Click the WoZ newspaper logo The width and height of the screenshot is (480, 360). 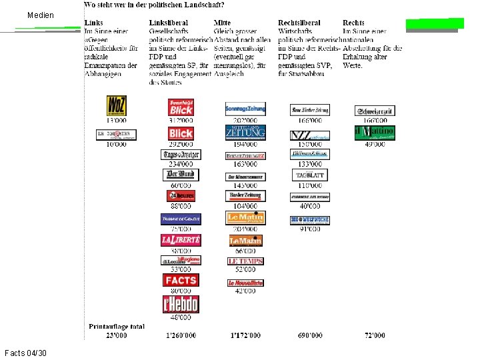coord(116,106)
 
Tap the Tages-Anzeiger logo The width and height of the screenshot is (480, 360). coord(181,155)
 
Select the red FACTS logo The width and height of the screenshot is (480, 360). coord(181,281)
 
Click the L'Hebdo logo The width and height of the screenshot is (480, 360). coord(181,304)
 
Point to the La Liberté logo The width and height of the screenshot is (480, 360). coord(181,240)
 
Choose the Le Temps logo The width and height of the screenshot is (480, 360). coord(245,261)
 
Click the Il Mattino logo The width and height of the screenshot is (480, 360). coord(375,132)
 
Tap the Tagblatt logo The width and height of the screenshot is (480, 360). coord(310,175)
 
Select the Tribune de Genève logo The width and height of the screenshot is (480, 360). coord(181,219)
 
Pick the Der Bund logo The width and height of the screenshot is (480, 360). coord(181,175)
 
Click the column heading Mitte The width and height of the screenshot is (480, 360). coord(223,23)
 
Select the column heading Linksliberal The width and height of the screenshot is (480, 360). coord(168,23)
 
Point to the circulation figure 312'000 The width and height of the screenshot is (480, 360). coord(181,121)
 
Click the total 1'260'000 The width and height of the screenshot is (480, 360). coord(181,335)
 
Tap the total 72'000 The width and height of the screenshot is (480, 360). coord(375,335)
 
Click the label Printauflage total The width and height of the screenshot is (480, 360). coord(117,327)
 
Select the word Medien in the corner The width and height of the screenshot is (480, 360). coord(41,15)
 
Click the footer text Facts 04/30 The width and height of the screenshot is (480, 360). coord(25,352)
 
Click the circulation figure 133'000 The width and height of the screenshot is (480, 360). coord(310,164)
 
